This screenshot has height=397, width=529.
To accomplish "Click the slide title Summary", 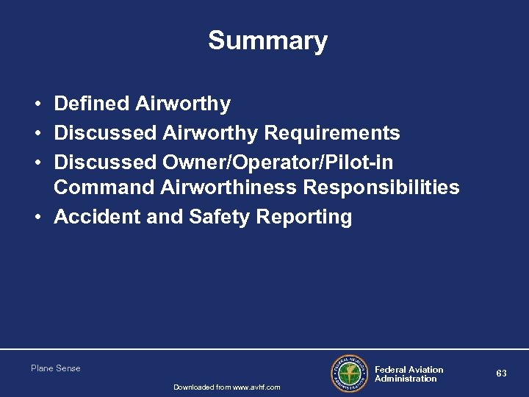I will [267, 40].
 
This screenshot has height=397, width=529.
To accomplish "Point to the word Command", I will [104, 187].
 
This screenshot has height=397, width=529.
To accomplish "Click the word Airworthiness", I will [228, 187].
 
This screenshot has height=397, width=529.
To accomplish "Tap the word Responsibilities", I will [378, 187].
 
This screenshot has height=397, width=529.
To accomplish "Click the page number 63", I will [501, 373].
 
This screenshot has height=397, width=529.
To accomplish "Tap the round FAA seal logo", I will [349, 374].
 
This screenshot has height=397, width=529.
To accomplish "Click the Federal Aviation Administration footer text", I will [409, 374].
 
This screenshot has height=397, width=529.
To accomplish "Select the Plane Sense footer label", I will [56, 368].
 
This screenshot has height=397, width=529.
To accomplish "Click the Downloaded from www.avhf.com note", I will [226, 387].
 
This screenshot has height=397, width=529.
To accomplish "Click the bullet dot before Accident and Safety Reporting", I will [36, 218].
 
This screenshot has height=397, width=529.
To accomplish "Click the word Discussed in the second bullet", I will [105, 133].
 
